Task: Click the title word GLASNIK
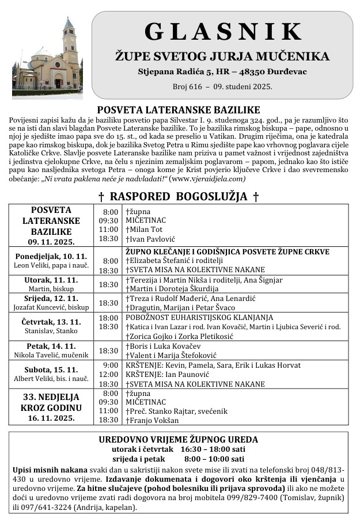[222, 32]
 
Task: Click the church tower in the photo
[70, 46]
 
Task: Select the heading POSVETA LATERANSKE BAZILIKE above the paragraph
[179, 110]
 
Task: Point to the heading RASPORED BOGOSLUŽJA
[179, 197]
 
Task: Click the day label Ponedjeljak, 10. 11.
[51, 256]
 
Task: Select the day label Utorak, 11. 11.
[51, 280]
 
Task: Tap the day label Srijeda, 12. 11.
[51, 298]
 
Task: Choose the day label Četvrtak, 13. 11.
[51, 322]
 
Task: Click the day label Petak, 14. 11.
[51, 346]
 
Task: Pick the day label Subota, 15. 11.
[51, 369]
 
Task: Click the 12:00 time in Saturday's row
[109, 375]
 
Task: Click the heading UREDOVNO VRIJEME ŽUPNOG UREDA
[179, 440]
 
